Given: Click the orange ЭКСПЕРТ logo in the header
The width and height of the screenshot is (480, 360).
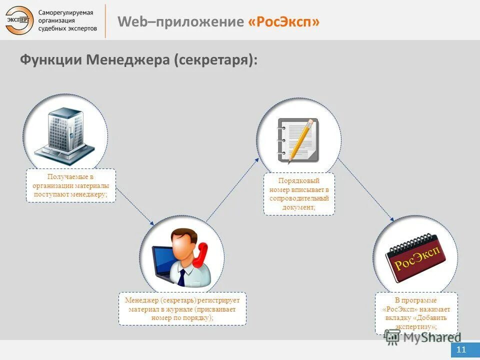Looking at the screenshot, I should coord(19,20).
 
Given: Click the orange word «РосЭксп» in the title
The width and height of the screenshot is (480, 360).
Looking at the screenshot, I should coord(283,22).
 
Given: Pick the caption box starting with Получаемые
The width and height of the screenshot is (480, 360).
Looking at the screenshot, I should coord(70,185).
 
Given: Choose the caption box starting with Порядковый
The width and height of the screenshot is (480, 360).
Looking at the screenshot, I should coord(299,194).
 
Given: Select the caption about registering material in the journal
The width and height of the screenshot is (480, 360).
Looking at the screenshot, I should coord(182,309).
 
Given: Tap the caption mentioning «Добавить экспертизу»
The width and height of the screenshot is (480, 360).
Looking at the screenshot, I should coord(416,313).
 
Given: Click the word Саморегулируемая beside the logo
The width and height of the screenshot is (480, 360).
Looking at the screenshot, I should coord(66,11).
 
